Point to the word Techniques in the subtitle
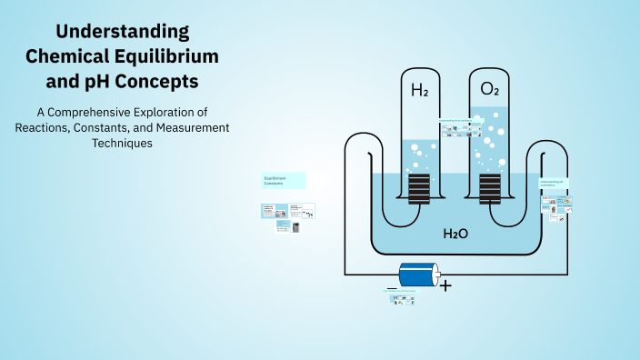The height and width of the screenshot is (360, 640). pyautogui.click(x=122, y=144)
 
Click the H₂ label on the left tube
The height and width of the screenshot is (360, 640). pyautogui.click(x=419, y=90)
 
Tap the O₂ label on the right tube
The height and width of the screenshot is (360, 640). pyautogui.click(x=489, y=89)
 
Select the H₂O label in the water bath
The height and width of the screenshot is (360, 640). pyautogui.click(x=455, y=234)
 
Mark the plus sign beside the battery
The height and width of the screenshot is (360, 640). pyautogui.click(x=445, y=285)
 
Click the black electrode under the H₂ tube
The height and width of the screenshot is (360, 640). pyautogui.click(x=419, y=189)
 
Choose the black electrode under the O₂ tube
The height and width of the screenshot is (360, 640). pyautogui.click(x=489, y=189)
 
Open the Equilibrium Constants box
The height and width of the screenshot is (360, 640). pyautogui.click(x=284, y=180)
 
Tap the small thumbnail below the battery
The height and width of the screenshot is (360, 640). pyautogui.click(x=400, y=295)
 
